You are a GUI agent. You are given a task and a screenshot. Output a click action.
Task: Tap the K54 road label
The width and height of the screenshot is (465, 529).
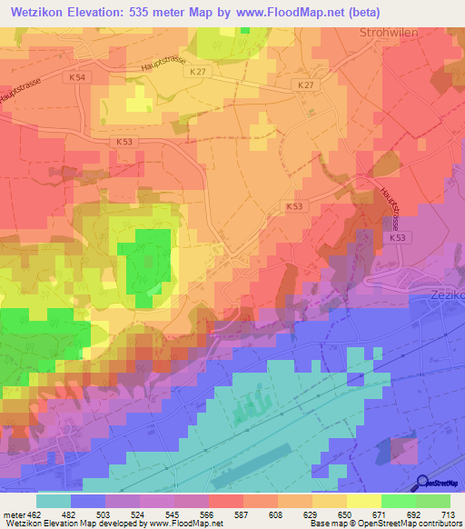point(76,79)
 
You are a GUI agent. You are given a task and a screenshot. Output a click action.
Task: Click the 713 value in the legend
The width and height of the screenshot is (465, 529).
point(447,514)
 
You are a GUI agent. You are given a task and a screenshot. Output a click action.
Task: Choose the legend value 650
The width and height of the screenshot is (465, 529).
point(332,514)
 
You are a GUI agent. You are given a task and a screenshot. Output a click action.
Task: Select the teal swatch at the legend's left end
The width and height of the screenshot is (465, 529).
point(54,501)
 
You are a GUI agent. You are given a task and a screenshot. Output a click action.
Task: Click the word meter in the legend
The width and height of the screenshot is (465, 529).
point(13,514)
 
